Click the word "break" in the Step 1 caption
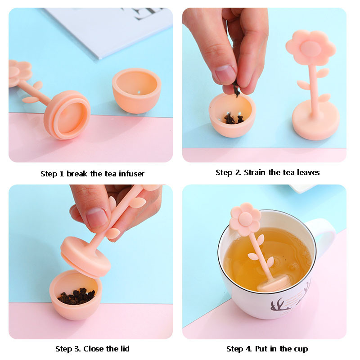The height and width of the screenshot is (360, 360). tap(77, 174)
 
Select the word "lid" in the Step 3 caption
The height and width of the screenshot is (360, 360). tap(125, 349)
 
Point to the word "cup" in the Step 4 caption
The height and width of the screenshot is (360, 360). tap(300, 350)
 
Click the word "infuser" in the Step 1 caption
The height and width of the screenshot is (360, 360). tap(131, 174)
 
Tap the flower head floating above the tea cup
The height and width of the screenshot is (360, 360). tap(245, 219)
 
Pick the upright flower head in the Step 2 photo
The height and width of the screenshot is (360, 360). tap(310, 48)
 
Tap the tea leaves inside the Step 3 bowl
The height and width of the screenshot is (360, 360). tap(77, 296)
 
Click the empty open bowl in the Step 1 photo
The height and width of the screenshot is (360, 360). tap(137, 90)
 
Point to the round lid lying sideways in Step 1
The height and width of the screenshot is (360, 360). tap(67, 115)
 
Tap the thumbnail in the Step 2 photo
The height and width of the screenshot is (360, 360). tap(225, 74)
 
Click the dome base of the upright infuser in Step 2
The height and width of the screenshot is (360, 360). tap(315, 120)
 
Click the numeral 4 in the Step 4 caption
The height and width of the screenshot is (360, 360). tap(248, 349)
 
